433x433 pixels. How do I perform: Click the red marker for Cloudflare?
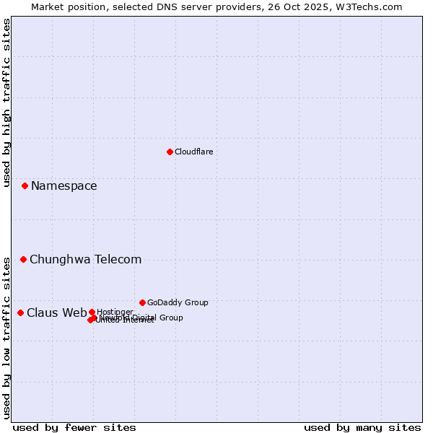[x=170, y=152]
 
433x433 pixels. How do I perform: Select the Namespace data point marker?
[x=25, y=185]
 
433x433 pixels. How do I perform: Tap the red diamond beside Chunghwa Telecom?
[x=23, y=259]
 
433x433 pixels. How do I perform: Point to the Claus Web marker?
[x=20, y=312]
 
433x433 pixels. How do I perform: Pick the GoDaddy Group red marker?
[x=142, y=302]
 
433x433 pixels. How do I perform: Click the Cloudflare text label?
[x=193, y=152]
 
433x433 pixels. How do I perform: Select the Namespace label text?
[x=64, y=186]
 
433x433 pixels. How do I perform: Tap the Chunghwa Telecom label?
[x=85, y=260]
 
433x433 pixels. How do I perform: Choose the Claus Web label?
[x=56, y=313]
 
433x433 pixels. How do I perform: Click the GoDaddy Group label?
[x=178, y=303]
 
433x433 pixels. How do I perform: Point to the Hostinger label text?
[x=115, y=312]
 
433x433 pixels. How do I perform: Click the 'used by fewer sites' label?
[x=74, y=427]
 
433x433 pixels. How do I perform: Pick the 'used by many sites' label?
[x=362, y=427]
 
